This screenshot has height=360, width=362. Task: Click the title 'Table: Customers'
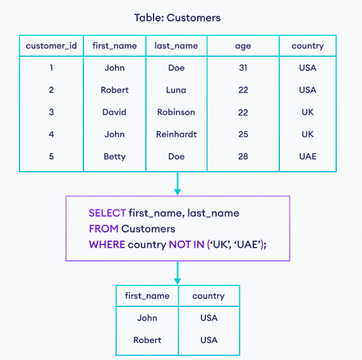click(x=178, y=18)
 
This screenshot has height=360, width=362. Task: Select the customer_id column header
click(x=51, y=45)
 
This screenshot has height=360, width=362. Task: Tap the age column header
click(x=243, y=46)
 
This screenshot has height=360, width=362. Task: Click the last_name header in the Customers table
click(x=176, y=45)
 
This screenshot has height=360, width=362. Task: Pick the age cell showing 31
click(x=243, y=68)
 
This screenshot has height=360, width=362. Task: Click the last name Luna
click(x=176, y=90)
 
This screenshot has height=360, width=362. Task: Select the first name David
click(x=114, y=112)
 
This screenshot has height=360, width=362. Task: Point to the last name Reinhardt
click(x=176, y=134)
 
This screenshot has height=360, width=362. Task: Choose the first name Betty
click(x=114, y=157)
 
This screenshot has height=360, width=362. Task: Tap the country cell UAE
click(x=308, y=156)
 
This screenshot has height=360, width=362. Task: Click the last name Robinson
click(x=176, y=112)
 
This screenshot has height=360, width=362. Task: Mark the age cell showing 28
click(x=243, y=156)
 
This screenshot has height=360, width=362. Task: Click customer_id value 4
click(x=51, y=134)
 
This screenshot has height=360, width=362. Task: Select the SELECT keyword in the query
click(x=107, y=213)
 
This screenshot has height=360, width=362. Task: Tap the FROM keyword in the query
click(x=104, y=229)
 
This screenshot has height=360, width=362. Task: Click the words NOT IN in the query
click(x=186, y=244)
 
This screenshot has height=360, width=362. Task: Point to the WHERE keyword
click(x=107, y=244)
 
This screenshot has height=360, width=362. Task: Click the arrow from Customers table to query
click(x=178, y=183)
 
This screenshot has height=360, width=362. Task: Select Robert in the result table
click(x=147, y=340)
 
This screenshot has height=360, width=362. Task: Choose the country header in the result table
click(x=208, y=296)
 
